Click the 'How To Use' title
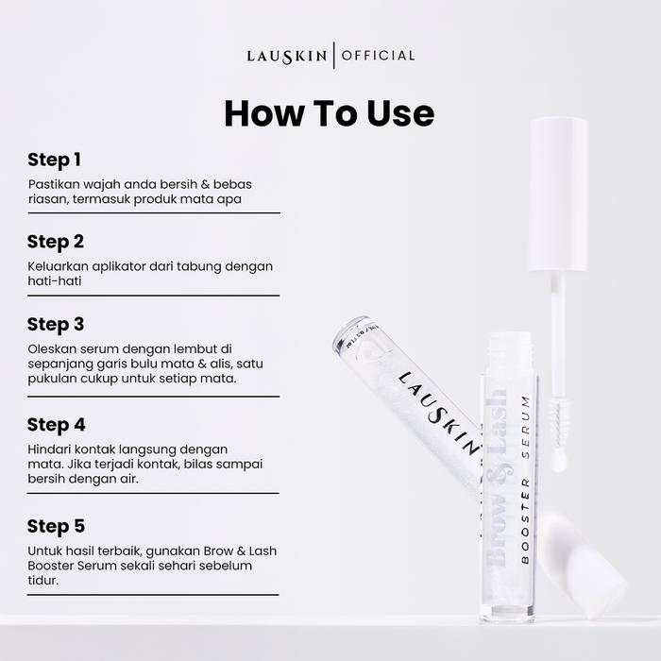click(330, 113)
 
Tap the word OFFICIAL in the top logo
click(378, 56)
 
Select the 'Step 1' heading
click(54, 161)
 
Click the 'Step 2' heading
click(56, 243)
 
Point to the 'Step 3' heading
click(56, 325)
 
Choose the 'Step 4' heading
click(56, 425)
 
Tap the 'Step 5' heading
click(56, 527)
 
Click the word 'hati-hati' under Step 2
click(55, 281)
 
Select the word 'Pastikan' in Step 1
click(54, 184)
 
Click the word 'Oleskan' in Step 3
click(52, 349)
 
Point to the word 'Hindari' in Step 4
click(48, 449)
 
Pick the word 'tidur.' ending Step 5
click(43, 581)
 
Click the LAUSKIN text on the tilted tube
click(439, 413)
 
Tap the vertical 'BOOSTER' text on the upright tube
click(525, 520)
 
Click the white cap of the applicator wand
click(558, 195)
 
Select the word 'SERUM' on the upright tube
click(525, 427)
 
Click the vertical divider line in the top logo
click(334, 55)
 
